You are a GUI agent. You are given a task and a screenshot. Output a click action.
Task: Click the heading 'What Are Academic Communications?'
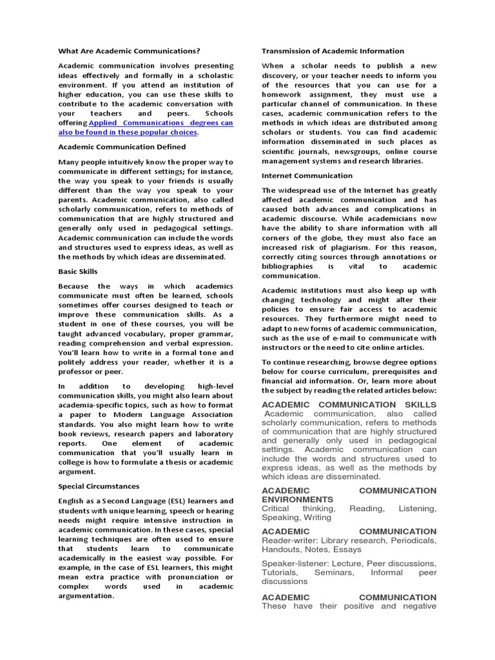pyautogui.click(x=129, y=51)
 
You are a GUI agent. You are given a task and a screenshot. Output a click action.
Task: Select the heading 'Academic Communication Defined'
pyautogui.click(x=122, y=146)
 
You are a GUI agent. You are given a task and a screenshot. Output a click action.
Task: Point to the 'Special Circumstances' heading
pyautogui.click(x=99, y=486)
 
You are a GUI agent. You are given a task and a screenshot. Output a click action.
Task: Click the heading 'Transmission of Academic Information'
pyautogui.click(x=333, y=51)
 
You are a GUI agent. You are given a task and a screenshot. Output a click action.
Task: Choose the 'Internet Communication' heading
pyautogui.click(x=307, y=175)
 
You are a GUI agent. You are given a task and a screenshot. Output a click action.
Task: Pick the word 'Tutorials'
pyautogui.click(x=280, y=572)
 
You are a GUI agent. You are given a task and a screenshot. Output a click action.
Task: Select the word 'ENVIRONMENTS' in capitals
pyautogui.click(x=297, y=500)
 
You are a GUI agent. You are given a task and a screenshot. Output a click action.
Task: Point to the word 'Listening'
pyautogui.click(x=417, y=509)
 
